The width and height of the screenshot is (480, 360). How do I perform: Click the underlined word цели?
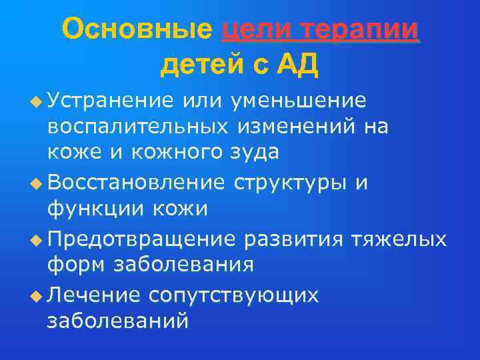(x=254, y=29)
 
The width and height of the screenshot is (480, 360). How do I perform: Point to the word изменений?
(x=308, y=127)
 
